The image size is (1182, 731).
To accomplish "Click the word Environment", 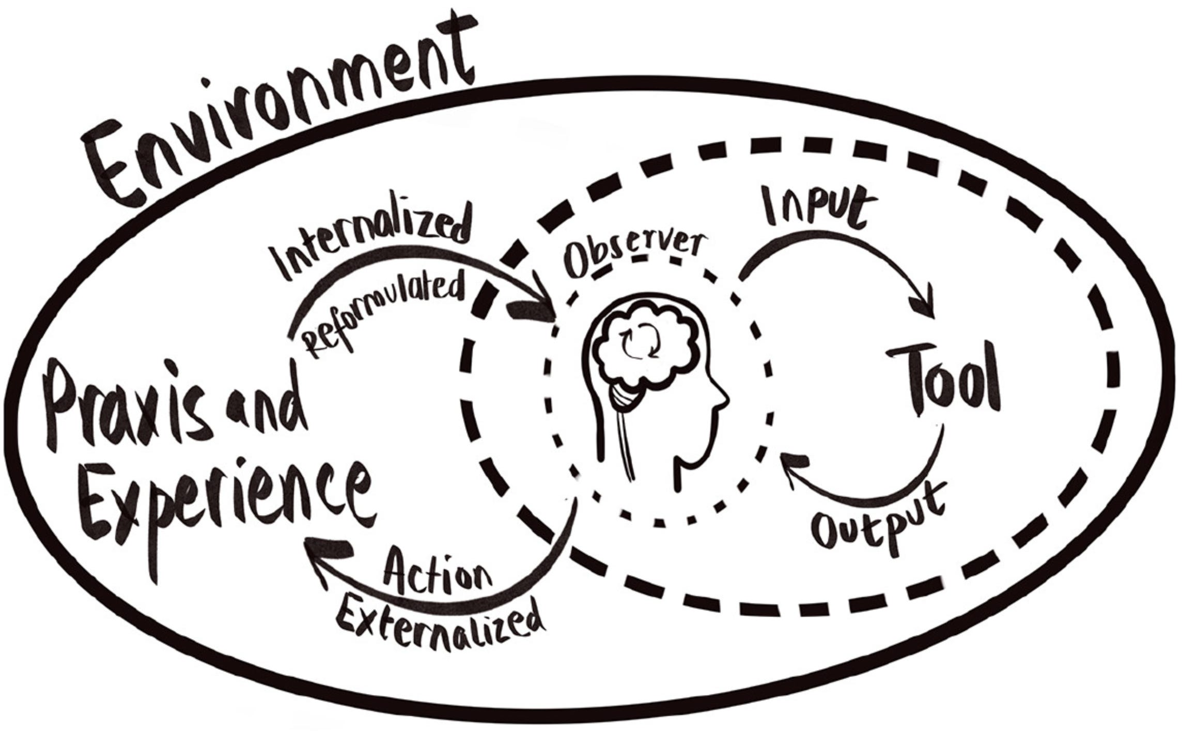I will coord(279,124).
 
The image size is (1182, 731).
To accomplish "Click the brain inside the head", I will coord(643,346).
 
